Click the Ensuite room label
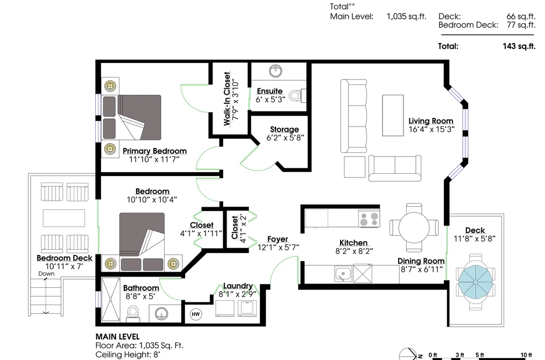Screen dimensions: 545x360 pyautogui.click(x=270, y=91)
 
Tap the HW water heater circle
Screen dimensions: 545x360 pyautogui.click(x=196, y=314)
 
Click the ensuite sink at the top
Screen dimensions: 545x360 pyautogui.click(x=275, y=71)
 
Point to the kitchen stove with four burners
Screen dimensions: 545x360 pyautogui.click(x=369, y=218)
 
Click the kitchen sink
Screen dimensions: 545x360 pyautogui.click(x=343, y=274)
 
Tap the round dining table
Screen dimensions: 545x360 pyautogui.click(x=414, y=228)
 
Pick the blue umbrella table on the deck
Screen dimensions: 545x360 pyautogui.click(x=475, y=281)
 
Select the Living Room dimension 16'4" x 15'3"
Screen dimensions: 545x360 pyautogui.click(x=431, y=130)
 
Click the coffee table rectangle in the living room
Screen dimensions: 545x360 pyautogui.click(x=393, y=115)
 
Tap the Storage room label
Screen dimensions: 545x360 pyautogui.click(x=284, y=129)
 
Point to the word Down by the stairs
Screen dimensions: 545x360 pyautogui.click(x=46, y=273)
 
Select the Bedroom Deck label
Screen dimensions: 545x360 pyautogui.click(x=65, y=258)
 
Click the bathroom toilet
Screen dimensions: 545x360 pyautogui.click(x=133, y=313)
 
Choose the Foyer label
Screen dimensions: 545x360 pyautogui.click(x=278, y=239)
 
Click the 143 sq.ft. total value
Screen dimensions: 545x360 pyautogui.click(x=519, y=46)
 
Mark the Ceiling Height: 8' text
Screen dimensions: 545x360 pyautogui.click(x=128, y=355)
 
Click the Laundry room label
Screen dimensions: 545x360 pyautogui.click(x=238, y=286)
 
